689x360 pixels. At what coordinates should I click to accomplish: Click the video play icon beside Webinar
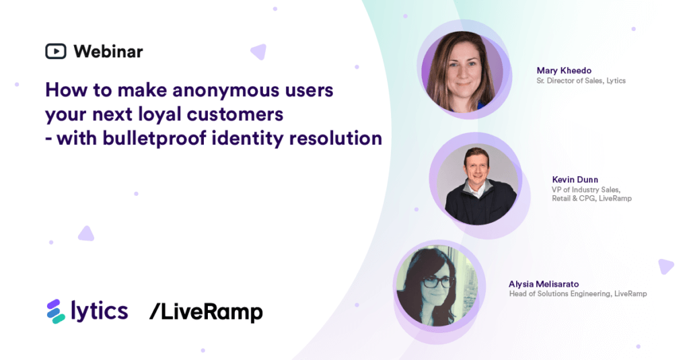pos(55,51)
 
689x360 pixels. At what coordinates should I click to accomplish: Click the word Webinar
pos(108,51)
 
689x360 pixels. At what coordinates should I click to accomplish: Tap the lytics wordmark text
pos(99,311)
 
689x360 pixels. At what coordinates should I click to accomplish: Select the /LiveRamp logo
pos(206,312)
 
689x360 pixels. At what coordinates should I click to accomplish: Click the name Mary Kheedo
pos(564,71)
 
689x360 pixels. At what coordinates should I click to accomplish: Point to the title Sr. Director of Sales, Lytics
pos(581,81)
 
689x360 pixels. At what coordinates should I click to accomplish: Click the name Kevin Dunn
pos(575,180)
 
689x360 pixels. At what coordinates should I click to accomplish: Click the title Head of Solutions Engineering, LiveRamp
pos(578,294)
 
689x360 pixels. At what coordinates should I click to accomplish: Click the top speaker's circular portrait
pos(462,71)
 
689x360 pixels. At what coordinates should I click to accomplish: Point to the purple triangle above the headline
pos(258,51)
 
